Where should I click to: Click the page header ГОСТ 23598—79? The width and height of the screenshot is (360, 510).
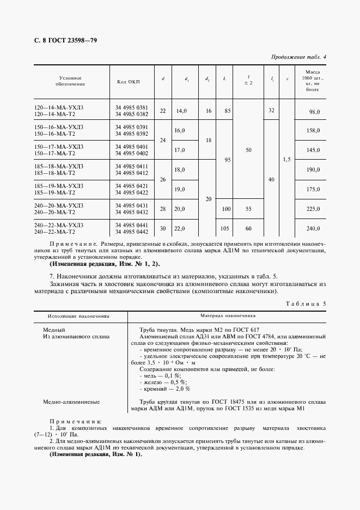click(65, 40)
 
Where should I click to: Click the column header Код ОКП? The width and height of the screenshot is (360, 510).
click(128, 82)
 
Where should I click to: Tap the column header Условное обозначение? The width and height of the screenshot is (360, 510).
click(70, 82)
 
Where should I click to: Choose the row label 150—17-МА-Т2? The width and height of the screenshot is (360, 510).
click(54, 153)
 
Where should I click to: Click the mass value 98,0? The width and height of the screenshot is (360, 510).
click(314, 111)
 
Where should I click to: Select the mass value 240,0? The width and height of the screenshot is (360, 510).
click(314, 229)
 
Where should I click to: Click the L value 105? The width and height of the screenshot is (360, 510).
click(225, 229)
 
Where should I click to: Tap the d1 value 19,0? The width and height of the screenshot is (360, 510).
click(180, 189)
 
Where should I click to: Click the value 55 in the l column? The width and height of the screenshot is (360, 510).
click(248, 209)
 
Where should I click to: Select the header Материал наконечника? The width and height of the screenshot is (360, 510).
click(227, 315)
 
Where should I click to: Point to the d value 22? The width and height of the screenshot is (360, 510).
click(162, 111)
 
